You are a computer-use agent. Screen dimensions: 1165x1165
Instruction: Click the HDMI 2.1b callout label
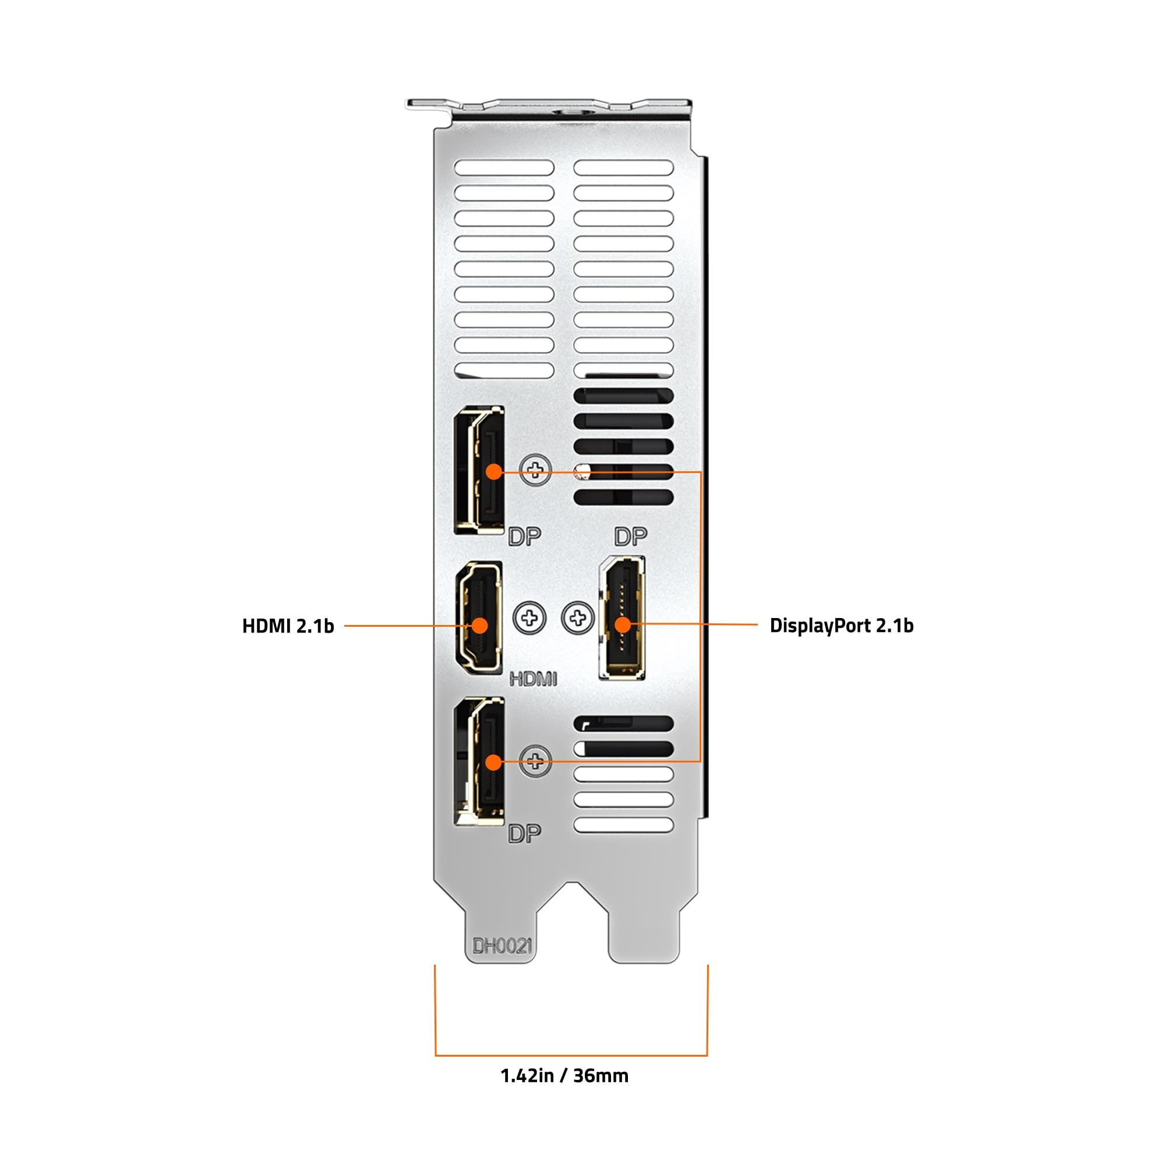pos(288,626)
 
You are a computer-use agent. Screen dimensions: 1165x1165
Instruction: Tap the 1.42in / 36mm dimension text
pos(564,1075)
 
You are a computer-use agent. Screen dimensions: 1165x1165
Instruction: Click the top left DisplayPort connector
pos(479,469)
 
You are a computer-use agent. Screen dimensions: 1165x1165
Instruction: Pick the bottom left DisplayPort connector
pos(479,761)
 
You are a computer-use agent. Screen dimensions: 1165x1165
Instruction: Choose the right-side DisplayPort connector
pos(622,617)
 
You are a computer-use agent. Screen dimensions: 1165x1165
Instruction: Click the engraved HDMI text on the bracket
pos(533,679)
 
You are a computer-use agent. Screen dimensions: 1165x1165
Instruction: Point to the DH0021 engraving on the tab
pos(502,946)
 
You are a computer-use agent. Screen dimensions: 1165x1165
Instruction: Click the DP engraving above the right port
pos(630,536)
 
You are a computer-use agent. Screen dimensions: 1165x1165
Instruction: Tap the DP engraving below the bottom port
pos(524,834)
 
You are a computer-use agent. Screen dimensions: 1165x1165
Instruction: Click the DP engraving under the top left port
pos(524,536)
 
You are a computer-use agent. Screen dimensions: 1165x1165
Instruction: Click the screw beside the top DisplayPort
pos(535,469)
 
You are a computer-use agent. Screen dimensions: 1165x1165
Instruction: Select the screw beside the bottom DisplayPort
pos(535,761)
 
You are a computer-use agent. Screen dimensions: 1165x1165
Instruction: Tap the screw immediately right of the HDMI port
pos(529,618)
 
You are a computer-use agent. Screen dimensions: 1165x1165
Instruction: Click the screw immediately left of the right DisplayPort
pos(578,618)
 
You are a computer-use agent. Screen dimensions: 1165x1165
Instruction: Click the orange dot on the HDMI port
pos(479,625)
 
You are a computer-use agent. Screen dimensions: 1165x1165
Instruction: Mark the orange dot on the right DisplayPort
pos(623,625)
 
